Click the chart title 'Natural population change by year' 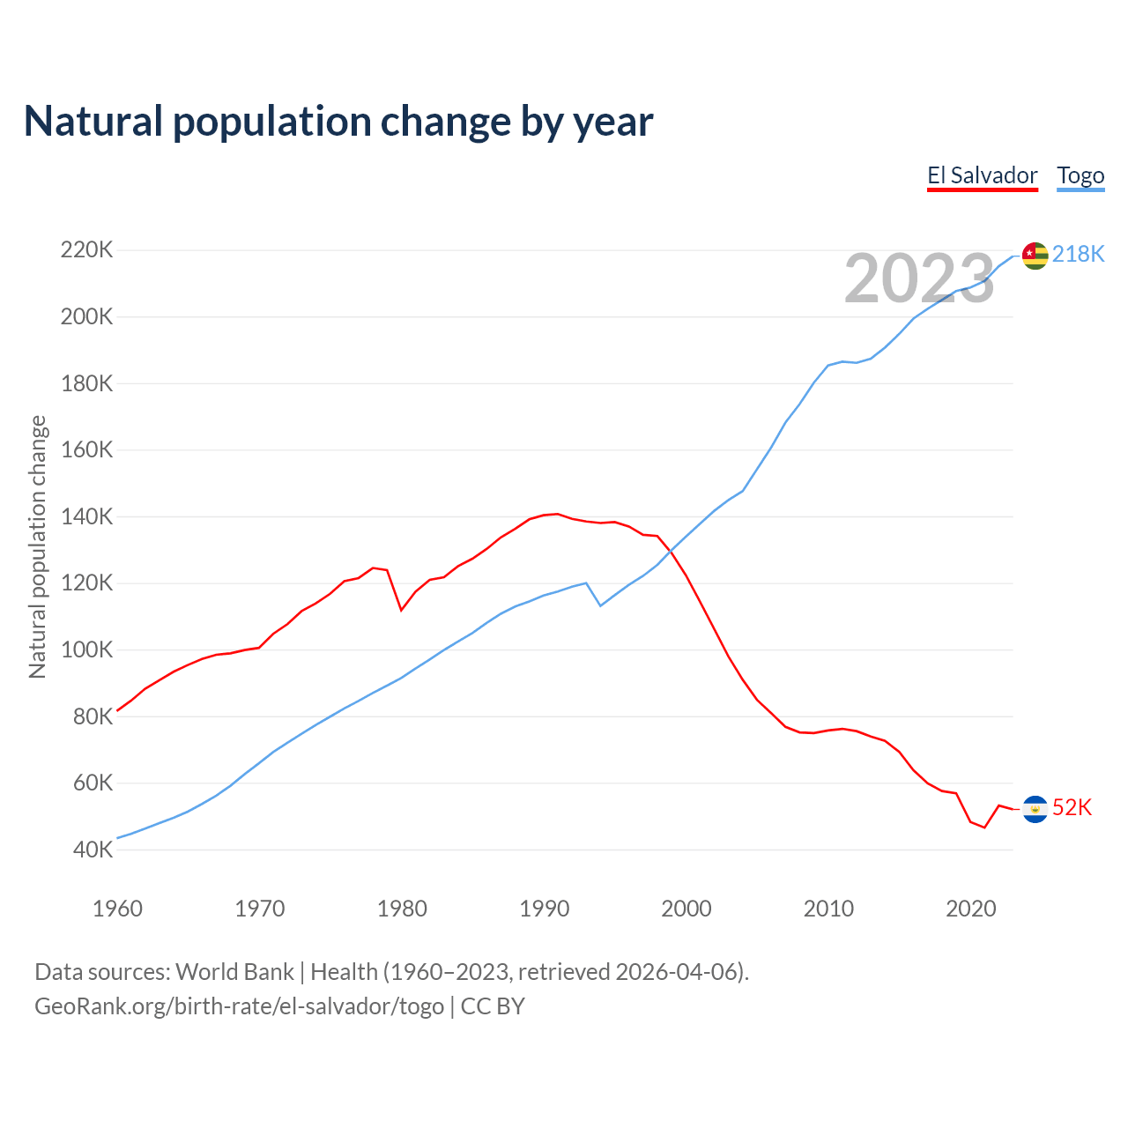point(338,122)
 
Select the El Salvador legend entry point(982,175)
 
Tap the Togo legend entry point(1080,175)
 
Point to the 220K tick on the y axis point(86,250)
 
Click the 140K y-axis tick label point(86,516)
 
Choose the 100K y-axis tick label point(86,650)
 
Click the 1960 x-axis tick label point(117,909)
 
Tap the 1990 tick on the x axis point(544,909)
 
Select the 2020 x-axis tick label point(970,909)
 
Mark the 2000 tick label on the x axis point(686,909)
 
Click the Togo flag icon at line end point(1035,256)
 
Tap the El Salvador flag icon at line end point(1035,809)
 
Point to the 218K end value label point(1078,254)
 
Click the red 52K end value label point(1072,807)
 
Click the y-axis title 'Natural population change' point(37,546)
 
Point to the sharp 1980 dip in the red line point(402,610)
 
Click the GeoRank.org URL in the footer point(239,1006)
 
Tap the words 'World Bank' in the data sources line point(234,972)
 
